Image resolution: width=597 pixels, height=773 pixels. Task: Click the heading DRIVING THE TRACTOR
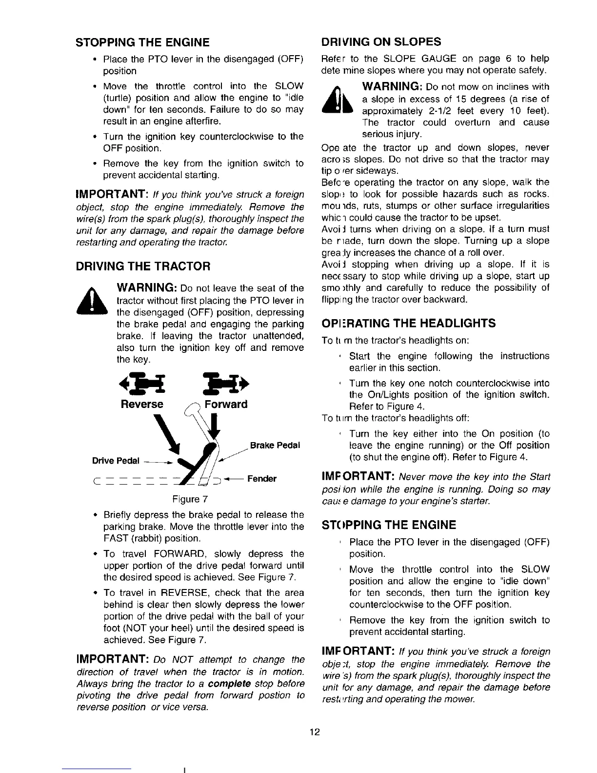(143, 266)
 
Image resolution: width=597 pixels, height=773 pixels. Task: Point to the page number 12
(315, 732)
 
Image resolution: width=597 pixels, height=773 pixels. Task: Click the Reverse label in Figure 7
(142, 405)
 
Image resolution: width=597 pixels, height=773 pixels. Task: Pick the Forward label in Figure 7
(226, 405)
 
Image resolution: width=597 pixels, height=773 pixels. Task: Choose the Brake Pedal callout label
(275, 446)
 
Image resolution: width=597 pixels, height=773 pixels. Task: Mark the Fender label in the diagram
(262, 479)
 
